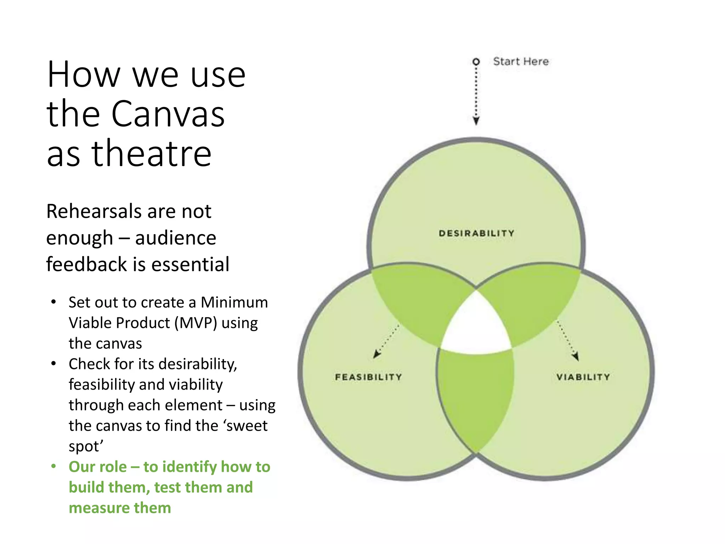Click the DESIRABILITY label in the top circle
tap(476, 233)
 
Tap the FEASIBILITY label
tap(368, 377)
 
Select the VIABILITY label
tap(583, 377)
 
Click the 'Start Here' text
tap(521, 62)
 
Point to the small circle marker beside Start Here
tap(476, 62)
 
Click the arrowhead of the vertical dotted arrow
tap(476, 121)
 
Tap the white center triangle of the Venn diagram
tap(476, 328)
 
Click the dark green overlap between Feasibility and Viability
tap(475, 397)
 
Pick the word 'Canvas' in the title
tap(168, 114)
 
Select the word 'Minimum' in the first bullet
tap(234, 302)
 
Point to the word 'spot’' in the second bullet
tap(86, 446)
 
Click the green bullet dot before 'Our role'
tap(53, 466)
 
